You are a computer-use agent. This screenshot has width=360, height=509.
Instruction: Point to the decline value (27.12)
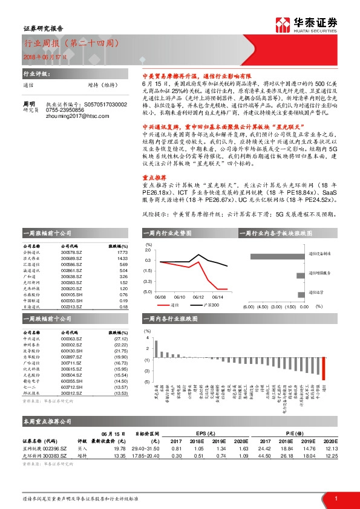point(121,339)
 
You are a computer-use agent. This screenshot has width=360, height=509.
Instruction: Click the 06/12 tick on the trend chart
point(198,297)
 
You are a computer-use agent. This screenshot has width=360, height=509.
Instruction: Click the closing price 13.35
point(120,456)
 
